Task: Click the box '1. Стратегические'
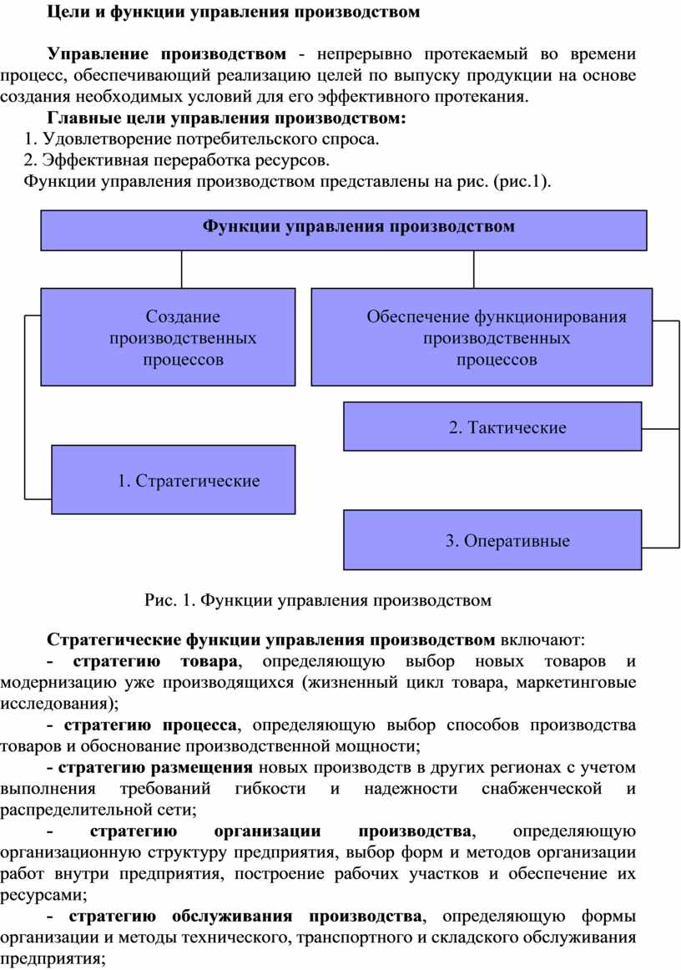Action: [x=174, y=479]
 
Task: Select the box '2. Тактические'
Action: [x=492, y=427]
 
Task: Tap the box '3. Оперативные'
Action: [x=492, y=539]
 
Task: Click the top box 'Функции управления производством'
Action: [x=344, y=230]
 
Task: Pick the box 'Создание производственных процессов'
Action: [x=169, y=337]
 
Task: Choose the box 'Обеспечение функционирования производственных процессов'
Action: [x=482, y=337]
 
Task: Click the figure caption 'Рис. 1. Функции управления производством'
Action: [x=318, y=600]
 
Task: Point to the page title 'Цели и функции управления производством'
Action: [x=233, y=12]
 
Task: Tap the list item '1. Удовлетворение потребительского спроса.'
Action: [x=202, y=139]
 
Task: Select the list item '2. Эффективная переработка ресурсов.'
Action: [x=177, y=160]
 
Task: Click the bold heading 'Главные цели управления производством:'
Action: [x=226, y=118]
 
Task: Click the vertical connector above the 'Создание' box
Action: [x=182, y=269]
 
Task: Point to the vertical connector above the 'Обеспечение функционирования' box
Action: [x=474, y=269]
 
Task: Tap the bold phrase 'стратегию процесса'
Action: [x=149, y=725]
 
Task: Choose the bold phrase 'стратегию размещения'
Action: [x=155, y=767]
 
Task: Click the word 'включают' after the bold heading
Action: [x=539, y=639]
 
